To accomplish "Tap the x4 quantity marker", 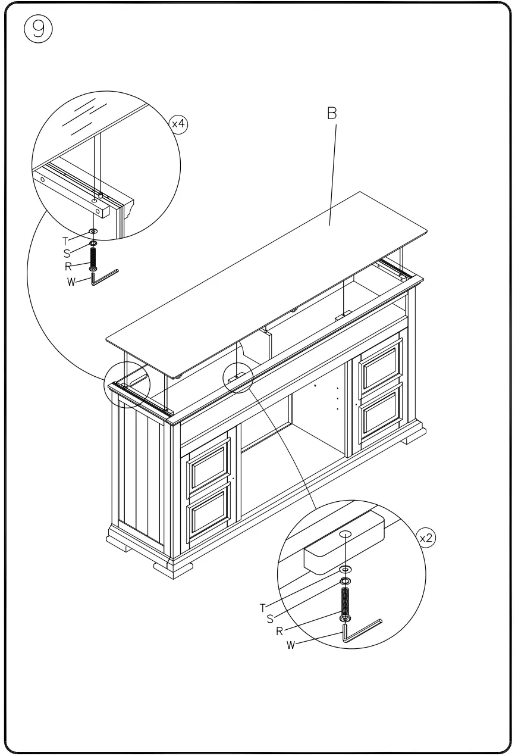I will click(178, 124).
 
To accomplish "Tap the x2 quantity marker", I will click(426, 538).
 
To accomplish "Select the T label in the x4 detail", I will click(65, 241).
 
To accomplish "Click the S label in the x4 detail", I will click(67, 254).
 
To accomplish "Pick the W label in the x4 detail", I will click(71, 282).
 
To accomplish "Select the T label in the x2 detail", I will click(262, 608).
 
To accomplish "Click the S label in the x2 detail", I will click(270, 619).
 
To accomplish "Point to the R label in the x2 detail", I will click(280, 632).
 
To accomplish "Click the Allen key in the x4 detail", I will click(103, 278).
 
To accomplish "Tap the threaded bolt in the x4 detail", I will click(93, 257).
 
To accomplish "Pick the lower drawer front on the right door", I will click(381, 411).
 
